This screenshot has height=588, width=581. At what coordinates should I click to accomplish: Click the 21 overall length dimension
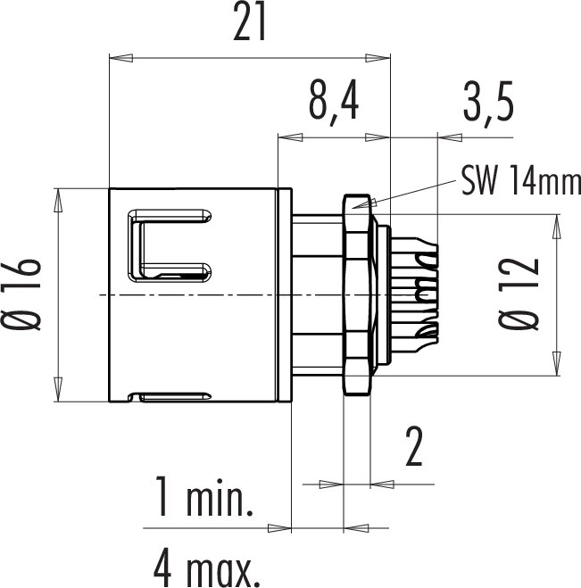tap(249, 21)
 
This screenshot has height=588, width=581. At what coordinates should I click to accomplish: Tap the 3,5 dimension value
tap(488, 101)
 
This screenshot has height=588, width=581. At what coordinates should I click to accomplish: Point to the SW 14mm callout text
tap(521, 181)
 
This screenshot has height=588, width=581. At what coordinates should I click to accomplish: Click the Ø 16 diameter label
tap(21, 294)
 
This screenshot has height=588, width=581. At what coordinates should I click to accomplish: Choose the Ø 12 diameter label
tap(519, 294)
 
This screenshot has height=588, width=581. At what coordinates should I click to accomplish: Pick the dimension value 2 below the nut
tap(414, 446)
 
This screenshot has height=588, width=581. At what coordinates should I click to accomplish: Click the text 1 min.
tap(204, 497)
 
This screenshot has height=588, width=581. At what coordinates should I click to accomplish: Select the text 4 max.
tap(207, 567)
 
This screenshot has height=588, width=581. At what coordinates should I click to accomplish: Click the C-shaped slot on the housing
tap(170, 245)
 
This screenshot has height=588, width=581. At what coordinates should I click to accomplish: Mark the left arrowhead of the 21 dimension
tap(120, 58)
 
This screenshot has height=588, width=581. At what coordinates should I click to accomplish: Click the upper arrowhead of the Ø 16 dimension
tap(58, 201)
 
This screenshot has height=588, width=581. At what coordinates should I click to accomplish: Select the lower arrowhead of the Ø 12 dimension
tap(557, 363)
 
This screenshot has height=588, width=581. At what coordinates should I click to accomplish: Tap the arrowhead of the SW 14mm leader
tap(363, 203)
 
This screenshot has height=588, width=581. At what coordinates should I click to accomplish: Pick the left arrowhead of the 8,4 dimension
tap(290, 137)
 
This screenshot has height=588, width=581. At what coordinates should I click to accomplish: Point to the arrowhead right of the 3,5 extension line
tap(450, 137)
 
